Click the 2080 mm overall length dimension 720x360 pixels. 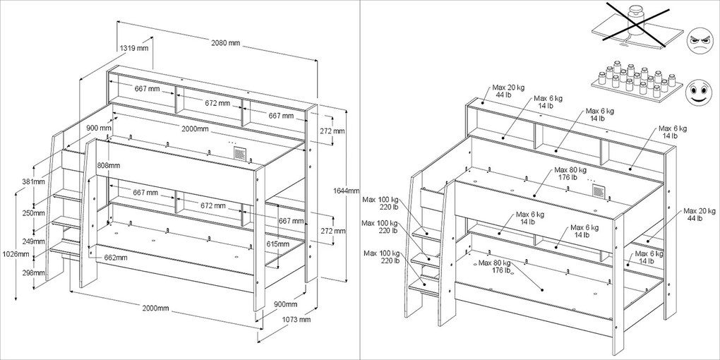click(225, 42)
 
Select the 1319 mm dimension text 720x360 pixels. click(134, 48)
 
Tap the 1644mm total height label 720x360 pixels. click(346, 191)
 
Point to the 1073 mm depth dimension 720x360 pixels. click(296, 320)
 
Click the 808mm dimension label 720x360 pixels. click(109, 165)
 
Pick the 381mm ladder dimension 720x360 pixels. click(33, 182)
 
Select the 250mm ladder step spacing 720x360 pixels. click(33, 213)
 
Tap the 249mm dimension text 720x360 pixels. click(33, 241)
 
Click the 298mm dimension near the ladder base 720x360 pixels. click(33, 273)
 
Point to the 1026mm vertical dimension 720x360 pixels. click(16, 253)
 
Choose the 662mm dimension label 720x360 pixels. click(115, 258)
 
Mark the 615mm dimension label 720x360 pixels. click(278, 244)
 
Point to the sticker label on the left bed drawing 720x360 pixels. click(240, 153)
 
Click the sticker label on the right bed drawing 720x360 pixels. click(599, 191)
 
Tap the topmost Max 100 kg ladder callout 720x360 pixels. click(380, 203)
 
